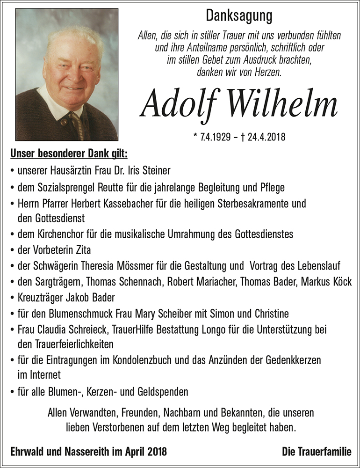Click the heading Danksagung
click(239, 16)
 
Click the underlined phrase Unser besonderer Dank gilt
click(68, 154)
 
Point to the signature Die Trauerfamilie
click(317, 452)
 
